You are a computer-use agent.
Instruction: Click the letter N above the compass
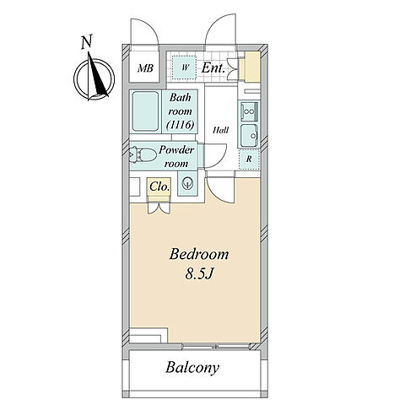point(87,42)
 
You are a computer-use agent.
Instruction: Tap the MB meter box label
point(145,68)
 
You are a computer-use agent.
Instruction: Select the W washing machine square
point(184,67)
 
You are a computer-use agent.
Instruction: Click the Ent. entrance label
point(213,67)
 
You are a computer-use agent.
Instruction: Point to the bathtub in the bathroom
point(145,111)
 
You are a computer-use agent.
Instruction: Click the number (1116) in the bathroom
point(181,124)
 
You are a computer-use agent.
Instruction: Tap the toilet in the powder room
point(143,154)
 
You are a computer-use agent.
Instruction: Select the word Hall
point(221,130)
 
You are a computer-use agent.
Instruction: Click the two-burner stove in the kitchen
point(249,111)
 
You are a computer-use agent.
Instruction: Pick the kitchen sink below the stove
point(250,136)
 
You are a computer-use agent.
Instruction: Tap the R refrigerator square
point(249,159)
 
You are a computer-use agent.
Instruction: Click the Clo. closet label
point(159,186)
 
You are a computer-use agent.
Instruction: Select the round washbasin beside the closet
point(187,184)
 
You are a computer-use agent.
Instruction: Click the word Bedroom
point(199,254)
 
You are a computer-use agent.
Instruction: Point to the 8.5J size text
point(198,273)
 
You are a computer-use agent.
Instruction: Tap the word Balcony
point(192,368)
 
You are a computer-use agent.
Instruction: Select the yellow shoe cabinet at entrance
point(252,66)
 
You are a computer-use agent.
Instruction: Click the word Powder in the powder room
point(176,150)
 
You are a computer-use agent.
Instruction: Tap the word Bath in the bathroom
point(181,98)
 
